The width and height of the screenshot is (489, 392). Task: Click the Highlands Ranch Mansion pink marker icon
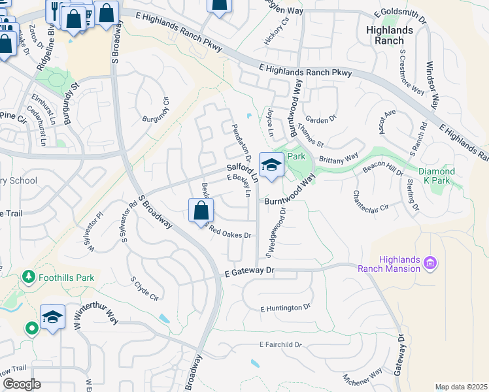[x=430, y=263]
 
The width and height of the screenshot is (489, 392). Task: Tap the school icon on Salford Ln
[x=271, y=165]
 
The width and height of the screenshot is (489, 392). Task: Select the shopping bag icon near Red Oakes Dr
[x=201, y=211]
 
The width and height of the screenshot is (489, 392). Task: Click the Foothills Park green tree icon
[x=28, y=277]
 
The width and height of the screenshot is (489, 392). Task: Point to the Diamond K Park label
[x=455, y=177]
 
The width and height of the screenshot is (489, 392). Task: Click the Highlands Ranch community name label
[x=390, y=35]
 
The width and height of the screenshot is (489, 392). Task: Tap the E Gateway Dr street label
[x=246, y=272]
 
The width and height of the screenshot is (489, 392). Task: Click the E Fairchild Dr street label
[x=282, y=344]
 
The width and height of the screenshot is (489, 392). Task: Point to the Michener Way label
[x=363, y=378]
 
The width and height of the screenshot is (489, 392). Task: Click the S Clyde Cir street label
[x=144, y=288]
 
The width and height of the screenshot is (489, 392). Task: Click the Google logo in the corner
[x=22, y=384]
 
